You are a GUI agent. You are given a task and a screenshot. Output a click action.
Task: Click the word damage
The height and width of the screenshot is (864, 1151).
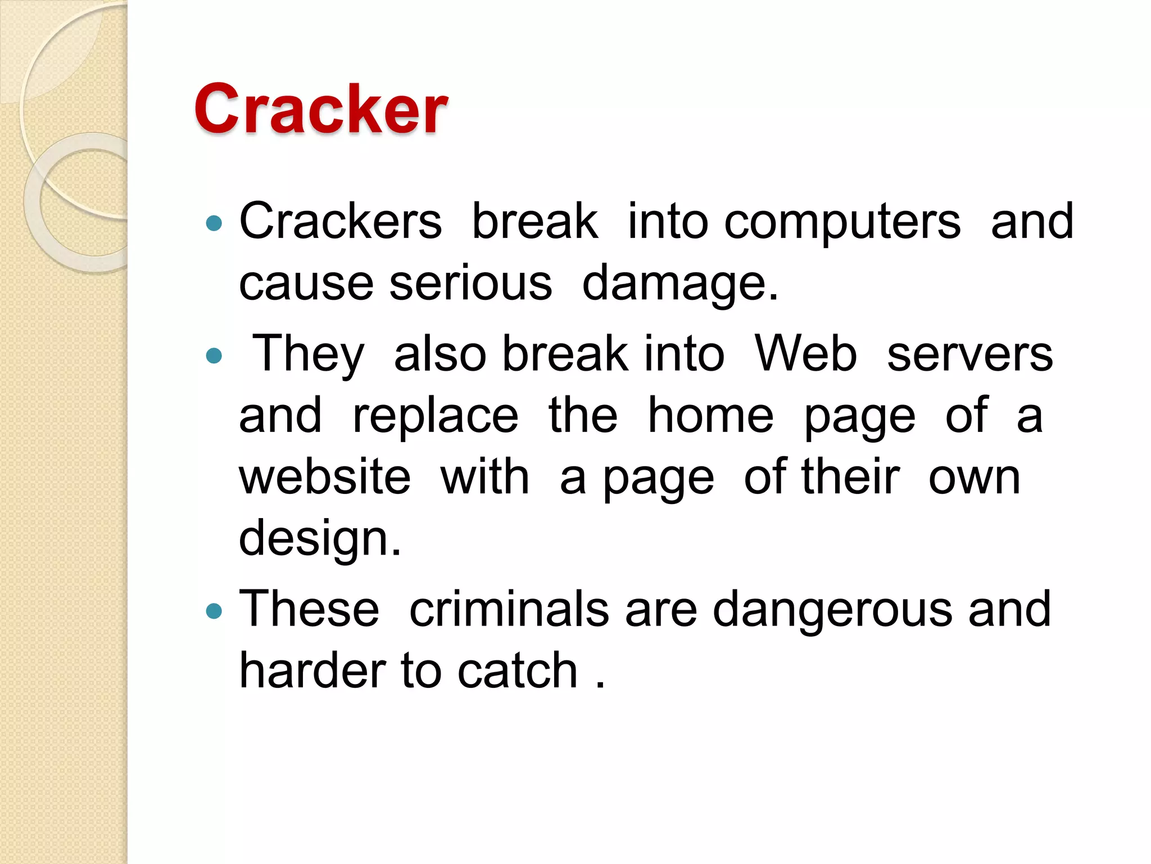click(679, 284)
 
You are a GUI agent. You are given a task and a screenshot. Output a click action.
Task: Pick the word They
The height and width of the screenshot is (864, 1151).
click(309, 354)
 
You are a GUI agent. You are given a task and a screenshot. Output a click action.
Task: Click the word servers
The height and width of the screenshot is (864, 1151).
click(970, 354)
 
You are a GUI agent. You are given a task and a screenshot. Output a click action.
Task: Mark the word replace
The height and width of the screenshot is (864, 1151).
click(436, 416)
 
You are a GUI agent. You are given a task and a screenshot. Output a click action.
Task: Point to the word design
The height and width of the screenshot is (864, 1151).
click(319, 539)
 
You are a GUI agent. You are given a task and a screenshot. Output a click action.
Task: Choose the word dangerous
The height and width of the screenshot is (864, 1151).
click(832, 610)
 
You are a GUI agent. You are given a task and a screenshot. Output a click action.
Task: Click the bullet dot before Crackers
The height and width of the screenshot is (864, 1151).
click(214, 224)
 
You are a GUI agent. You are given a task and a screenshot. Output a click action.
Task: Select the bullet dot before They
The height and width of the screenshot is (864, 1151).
click(214, 355)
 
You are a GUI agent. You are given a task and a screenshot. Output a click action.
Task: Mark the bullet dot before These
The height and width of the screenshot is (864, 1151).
click(214, 611)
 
